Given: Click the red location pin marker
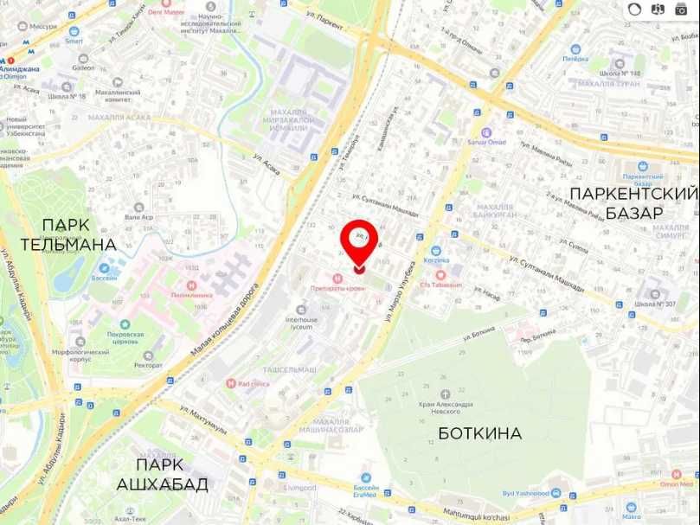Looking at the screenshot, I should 358,241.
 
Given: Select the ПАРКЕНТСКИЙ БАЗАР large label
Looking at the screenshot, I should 633,202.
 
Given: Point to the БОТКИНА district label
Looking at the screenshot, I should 479,432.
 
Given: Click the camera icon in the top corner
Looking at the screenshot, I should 681,10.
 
